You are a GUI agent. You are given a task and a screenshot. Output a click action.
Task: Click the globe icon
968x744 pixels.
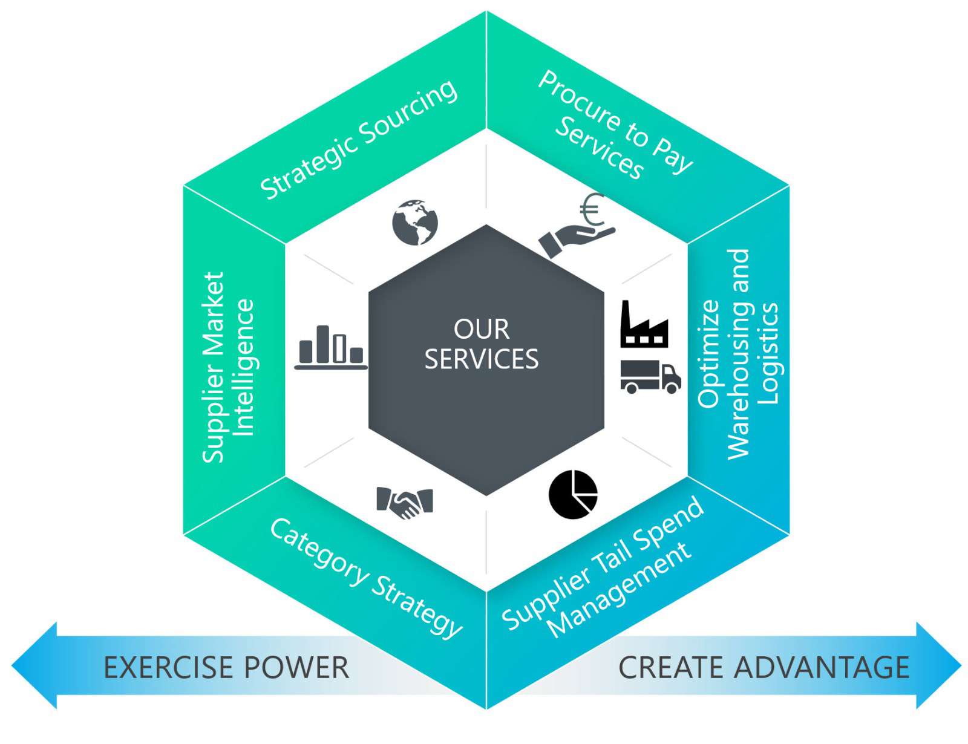[414, 221]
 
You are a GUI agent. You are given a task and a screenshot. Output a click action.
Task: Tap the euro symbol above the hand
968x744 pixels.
[592, 210]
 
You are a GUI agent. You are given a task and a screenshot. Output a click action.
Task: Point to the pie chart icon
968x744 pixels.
[573, 494]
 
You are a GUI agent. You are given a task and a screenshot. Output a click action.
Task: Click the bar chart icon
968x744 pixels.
[331, 347]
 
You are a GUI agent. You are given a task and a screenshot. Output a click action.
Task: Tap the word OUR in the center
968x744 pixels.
[482, 330]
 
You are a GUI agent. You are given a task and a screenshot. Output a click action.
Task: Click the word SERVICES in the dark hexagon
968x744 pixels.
[482, 359]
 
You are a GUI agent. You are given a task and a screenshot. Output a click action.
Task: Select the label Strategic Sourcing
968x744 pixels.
[359, 140]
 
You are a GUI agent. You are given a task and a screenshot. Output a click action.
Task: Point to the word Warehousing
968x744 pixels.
[738, 354]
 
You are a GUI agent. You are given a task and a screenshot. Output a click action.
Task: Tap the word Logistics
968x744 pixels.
[767, 354]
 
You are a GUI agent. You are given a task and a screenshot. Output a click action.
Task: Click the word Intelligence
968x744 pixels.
[244, 367]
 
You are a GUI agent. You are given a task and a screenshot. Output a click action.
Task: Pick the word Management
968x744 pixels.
[620, 589]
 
